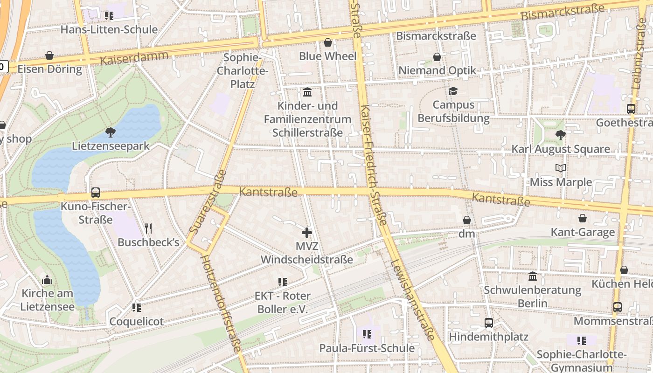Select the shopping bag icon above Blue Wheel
pos(328,42)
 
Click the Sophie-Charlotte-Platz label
pos(243,71)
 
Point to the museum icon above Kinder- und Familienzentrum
pos(307,92)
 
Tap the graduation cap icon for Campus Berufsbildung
pos(453,91)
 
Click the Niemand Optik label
pos(437,70)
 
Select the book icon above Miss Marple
pos(561,168)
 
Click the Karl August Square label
pos(561,149)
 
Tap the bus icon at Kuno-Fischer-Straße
pos(96,192)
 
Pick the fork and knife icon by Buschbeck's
pos(148,228)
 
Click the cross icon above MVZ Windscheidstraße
pos(307,232)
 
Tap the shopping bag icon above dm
pos(466,220)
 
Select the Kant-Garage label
pos(583,232)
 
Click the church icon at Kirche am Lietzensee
pos(47,280)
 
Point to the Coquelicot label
pos(136,321)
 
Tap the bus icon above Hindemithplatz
pos(489,323)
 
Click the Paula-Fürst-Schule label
pos(367,348)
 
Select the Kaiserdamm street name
pos(134,59)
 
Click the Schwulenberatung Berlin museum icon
pos(533,276)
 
